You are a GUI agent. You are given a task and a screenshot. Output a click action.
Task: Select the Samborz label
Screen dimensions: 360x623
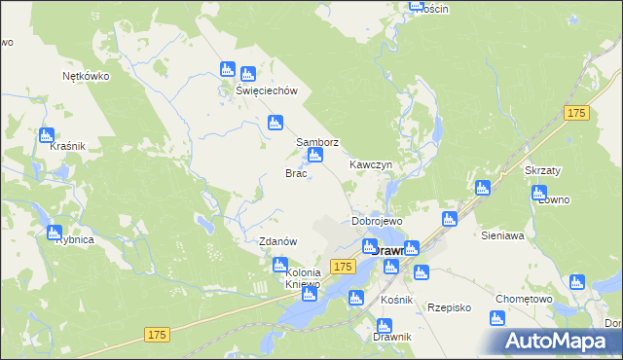(317, 142)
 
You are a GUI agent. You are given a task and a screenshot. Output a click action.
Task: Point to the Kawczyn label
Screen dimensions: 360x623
(371, 165)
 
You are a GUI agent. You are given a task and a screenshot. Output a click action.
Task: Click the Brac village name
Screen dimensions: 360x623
(296, 173)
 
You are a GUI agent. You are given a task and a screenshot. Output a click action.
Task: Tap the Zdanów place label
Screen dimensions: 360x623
(277, 241)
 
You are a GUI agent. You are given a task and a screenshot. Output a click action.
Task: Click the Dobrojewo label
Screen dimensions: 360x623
(378, 221)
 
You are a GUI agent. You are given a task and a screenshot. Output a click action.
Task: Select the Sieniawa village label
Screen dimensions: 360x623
(503, 235)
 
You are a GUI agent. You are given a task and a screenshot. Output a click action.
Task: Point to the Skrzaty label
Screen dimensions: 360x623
(544, 169)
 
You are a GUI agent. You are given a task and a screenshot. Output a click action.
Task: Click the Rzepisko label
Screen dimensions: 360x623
(449, 306)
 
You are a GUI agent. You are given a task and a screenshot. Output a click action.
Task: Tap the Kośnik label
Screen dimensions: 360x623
(398, 300)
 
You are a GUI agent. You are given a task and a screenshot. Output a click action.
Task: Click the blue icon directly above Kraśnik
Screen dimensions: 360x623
(46, 135)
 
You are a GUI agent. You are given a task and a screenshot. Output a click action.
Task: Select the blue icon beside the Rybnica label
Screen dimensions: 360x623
(54, 234)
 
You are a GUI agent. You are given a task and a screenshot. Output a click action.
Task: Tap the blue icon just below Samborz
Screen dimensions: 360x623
(314, 156)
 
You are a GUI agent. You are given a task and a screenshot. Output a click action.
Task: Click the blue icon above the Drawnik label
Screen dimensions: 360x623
(382, 326)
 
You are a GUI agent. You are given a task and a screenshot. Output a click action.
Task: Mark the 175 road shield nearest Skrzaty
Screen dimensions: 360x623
(576, 114)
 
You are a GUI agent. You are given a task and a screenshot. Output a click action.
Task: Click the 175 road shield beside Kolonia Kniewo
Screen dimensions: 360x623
(341, 266)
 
